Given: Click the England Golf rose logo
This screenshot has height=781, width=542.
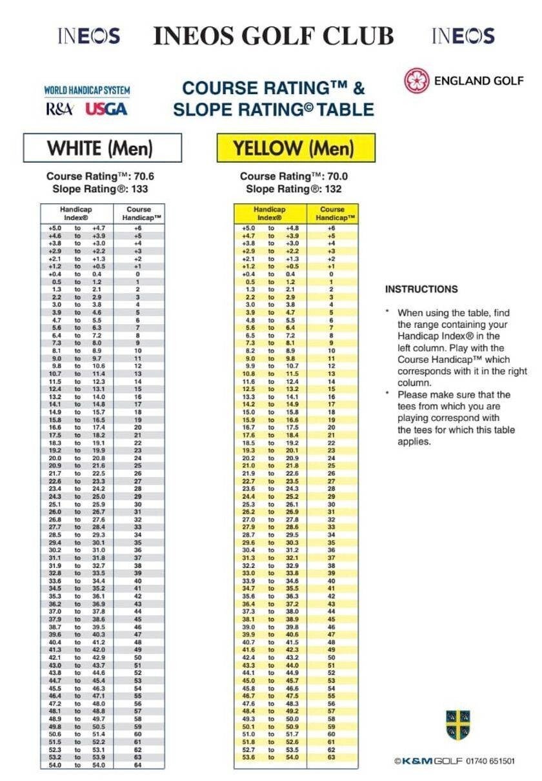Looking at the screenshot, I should (416, 81).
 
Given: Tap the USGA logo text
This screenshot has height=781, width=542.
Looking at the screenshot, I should (106, 109).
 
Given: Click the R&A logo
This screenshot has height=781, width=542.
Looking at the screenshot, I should (59, 109).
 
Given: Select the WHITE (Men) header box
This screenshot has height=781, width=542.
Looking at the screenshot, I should (100, 148).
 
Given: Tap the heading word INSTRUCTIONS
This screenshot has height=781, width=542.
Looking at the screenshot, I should (421, 289).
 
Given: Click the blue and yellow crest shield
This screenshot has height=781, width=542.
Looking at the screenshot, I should (457, 725).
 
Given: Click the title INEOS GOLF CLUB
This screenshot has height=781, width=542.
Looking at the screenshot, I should (274, 36).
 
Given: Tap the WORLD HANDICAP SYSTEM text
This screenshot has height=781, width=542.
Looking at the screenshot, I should (86, 91).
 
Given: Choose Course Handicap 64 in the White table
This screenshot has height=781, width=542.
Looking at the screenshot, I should (137, 765).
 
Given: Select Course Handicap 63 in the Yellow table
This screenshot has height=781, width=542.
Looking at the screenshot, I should (332, 757).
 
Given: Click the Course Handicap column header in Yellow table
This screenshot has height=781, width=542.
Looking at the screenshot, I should (332, 214).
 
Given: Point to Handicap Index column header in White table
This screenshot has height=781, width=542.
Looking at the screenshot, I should (76, 214).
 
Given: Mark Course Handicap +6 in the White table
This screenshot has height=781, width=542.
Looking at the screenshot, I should (137, 228).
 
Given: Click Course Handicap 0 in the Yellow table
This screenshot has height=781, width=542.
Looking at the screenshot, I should (332, 274).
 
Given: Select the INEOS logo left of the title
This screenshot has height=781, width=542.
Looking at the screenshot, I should (88, 35).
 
